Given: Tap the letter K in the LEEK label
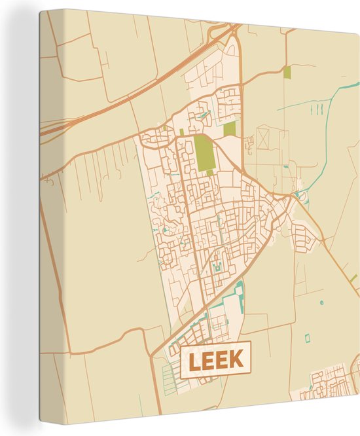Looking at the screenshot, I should [x=236, y=359].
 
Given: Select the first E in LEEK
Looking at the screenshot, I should [x=209, y=359].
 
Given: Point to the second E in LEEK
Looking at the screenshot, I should [x=222, y=359].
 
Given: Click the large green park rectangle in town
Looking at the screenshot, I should [x=204, y=152].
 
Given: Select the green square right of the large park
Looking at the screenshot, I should [x=230, y=128].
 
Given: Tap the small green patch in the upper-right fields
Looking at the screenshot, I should [x=286, y=73].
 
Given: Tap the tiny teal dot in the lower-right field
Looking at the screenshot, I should [x=321, y=302].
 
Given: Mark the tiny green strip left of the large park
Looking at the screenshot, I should [x=181, y=132].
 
